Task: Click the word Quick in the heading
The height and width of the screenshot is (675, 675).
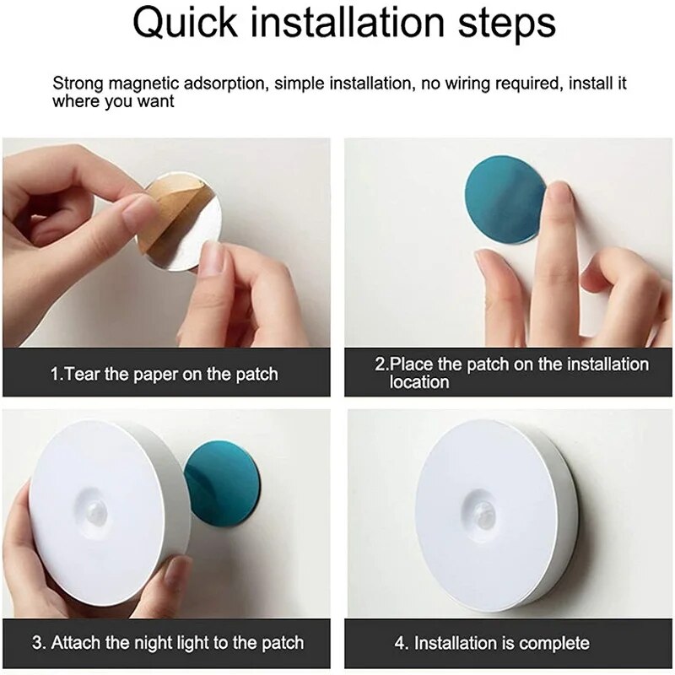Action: (185, 24)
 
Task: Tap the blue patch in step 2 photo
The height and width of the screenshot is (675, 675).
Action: (504, 199)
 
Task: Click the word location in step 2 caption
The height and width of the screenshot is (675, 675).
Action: (418, 382)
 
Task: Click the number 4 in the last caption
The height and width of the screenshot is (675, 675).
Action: (399, 644)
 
